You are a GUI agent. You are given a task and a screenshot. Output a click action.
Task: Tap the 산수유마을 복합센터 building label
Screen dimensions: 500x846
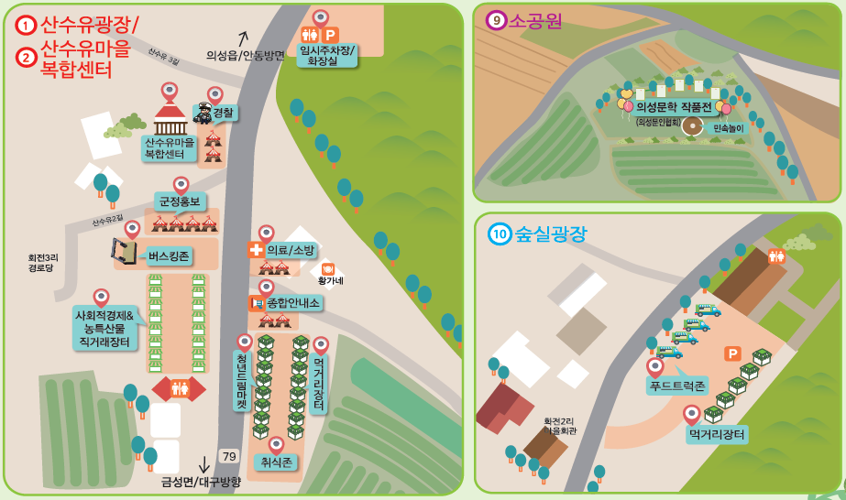click(169, 148)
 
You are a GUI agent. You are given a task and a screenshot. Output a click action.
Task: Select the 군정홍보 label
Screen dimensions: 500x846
click(179, 201)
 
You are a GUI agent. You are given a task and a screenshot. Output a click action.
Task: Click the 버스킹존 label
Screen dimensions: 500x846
click(169, 256)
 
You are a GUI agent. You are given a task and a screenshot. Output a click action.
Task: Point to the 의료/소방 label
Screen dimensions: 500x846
click(290, 250)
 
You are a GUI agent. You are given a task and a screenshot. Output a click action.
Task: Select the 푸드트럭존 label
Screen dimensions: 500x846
click(677, 386)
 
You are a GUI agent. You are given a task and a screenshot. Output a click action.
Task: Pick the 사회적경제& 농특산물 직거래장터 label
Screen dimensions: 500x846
click(104, 329)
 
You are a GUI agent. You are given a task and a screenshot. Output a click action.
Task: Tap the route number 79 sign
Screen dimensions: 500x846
click(229, 456)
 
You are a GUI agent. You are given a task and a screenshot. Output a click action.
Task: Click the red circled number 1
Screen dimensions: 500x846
click(26, 25)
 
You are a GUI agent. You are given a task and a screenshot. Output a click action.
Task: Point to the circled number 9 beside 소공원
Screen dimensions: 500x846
click(496, 19)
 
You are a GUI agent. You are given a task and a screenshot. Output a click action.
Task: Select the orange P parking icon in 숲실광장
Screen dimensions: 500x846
click(732, 353)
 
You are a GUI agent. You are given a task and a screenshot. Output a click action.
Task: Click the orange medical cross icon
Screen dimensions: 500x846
click(256, 249)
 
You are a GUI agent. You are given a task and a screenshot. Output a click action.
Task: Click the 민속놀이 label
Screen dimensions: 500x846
click(731, 129)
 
